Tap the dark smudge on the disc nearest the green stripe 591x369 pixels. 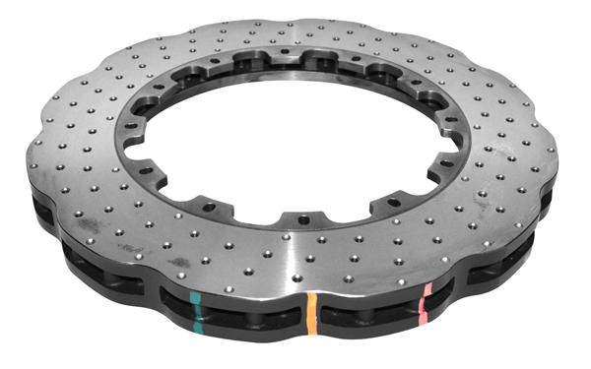[179, 263]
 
